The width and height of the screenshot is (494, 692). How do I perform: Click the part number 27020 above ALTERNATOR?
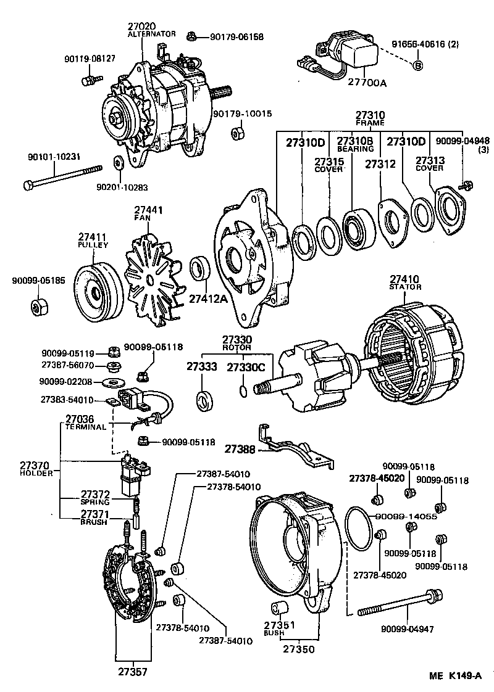coord(142,26)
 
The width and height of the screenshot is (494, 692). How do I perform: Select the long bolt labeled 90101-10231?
coord(62,176)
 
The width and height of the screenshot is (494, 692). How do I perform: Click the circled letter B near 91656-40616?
coord(417,66)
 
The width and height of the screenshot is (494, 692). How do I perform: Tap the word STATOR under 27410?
coord(405,287)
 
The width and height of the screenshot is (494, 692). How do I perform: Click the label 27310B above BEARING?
coord(354,142)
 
